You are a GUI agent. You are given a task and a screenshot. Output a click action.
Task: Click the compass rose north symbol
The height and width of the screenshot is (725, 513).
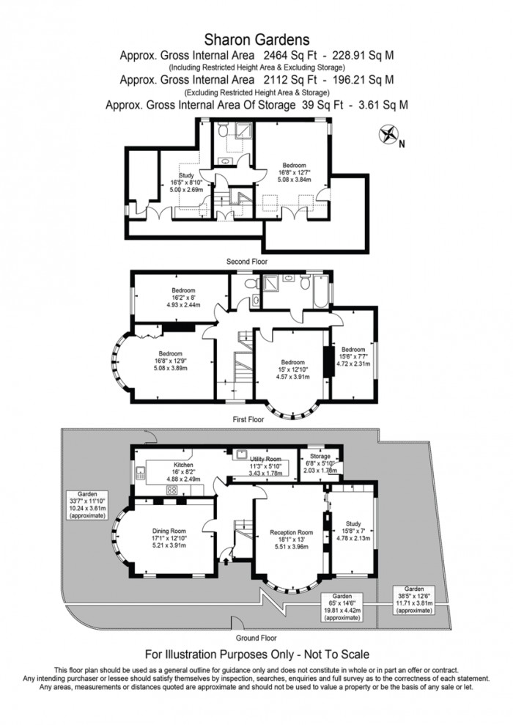[x=388, y=135]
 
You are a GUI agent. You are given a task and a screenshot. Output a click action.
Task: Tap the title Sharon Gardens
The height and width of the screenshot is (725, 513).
[x=256, y=40]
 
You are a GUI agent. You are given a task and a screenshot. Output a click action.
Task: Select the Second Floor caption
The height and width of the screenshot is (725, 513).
[x=247, y=262]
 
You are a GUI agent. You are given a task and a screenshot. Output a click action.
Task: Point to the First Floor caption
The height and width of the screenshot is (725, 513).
[x=248, y=419]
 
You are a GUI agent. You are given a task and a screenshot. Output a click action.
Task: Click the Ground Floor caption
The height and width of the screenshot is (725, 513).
[x=256, y=638]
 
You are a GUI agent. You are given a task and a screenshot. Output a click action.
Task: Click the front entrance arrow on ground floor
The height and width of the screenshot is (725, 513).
[x=226, y=561]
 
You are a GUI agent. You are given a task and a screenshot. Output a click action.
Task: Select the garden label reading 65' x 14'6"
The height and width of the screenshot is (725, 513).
[x=342, y=607]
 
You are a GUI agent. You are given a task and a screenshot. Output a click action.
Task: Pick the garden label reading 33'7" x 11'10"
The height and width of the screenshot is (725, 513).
[x=87, y=505]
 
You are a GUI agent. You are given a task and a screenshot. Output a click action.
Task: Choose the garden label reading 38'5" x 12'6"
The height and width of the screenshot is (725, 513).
[x=414, y=600]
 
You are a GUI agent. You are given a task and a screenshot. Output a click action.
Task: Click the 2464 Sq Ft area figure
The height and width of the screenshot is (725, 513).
[x=290, y=56]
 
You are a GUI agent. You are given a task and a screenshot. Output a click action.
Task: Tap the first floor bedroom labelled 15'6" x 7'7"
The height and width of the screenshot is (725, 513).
[x=353, y=356]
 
